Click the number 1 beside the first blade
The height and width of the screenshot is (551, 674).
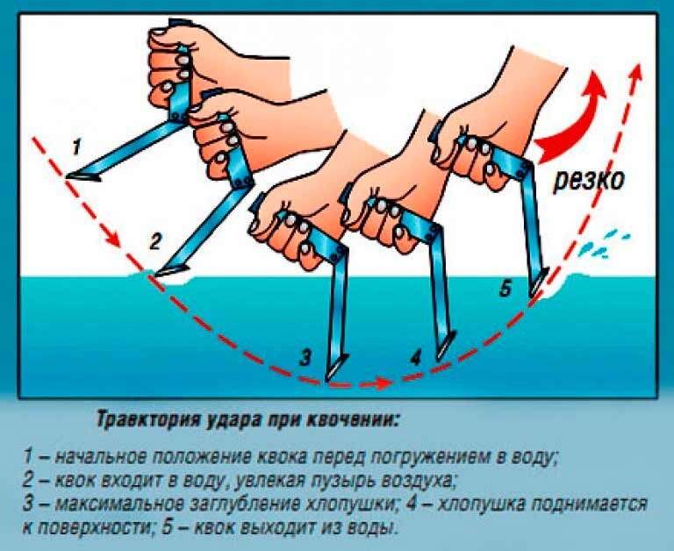click(76, 147)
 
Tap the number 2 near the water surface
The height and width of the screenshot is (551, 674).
click(155, 241)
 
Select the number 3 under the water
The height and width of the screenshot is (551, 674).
click(305, 358)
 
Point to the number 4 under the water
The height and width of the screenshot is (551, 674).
click(415, 358)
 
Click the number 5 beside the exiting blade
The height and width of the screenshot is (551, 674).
click(505, 290)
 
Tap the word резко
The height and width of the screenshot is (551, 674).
click(588, 180)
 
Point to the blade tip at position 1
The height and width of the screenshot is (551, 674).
click(68, 175)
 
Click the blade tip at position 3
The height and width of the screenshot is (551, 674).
click(327, 379)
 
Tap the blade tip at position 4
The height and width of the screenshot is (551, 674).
click(439, 358)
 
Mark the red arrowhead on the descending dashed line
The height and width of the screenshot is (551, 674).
click(113, 240)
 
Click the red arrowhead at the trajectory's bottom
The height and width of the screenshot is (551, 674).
click(384, 383)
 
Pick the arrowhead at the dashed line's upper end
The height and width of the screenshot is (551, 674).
click(637, 71)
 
